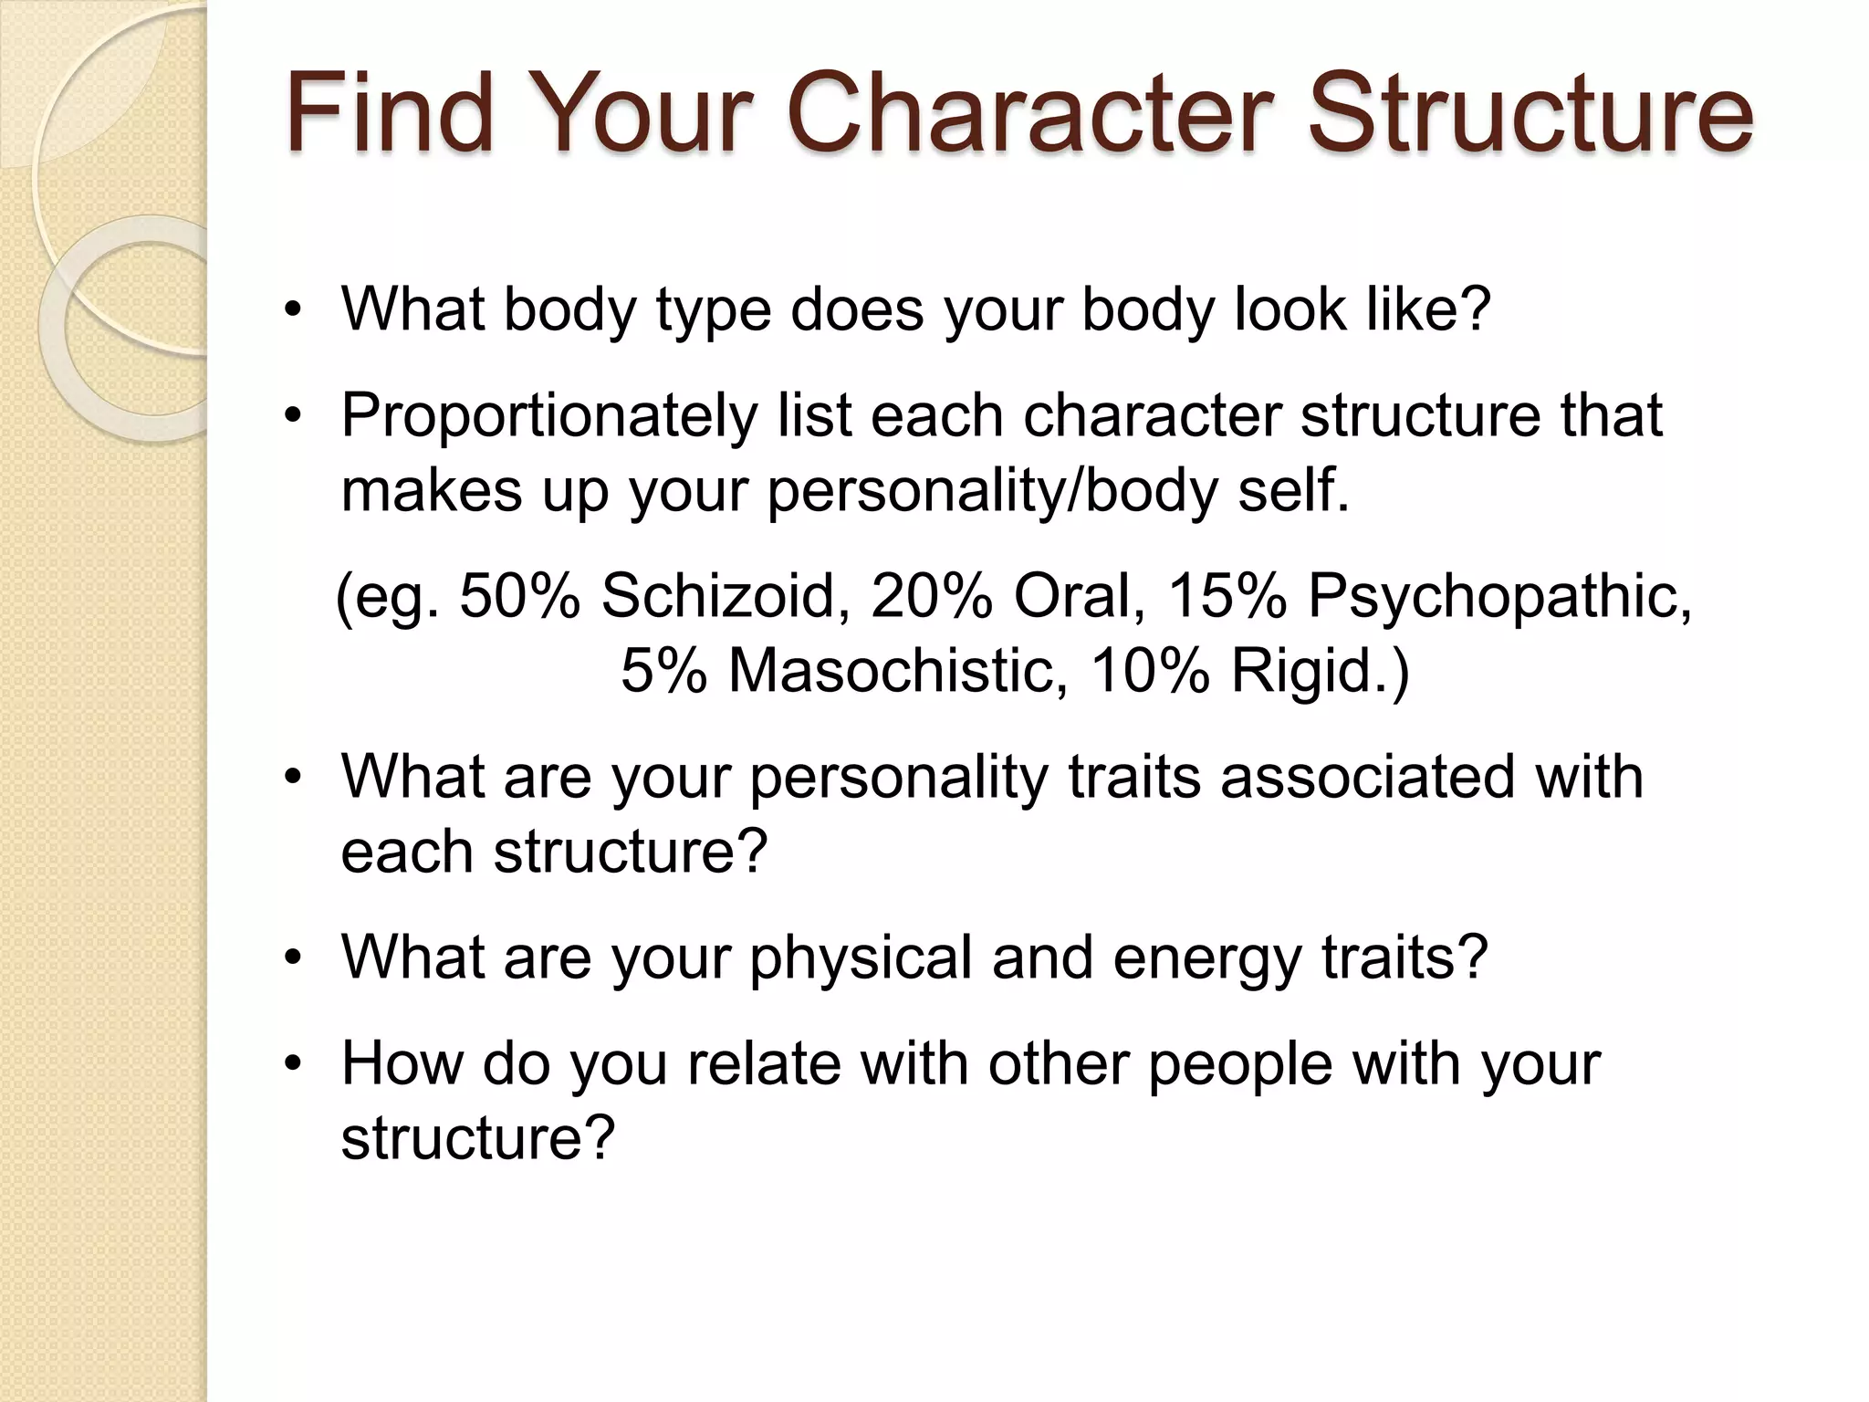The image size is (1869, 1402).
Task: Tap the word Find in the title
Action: click(x=390, y=114)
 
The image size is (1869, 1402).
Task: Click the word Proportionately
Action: click(x=549, y=416)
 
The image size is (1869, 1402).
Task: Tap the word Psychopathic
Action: click(x=1499, y=595)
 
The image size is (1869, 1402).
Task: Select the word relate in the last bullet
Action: click(x=763, y=1063)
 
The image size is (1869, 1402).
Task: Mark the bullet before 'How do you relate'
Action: click(x=292, y=1064)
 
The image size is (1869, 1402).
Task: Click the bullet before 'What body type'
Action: click(x=292, y=310)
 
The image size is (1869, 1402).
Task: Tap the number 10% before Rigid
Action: click(x=1151, y=671)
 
